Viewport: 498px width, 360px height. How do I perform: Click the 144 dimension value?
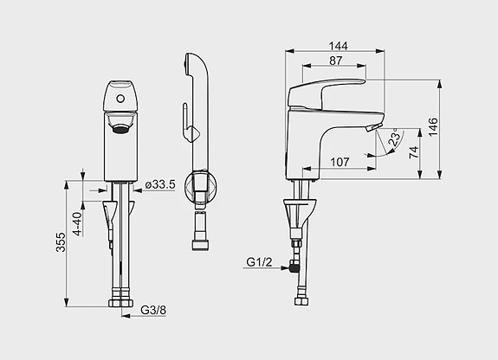[339, 46]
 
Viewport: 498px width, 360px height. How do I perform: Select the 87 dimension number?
[336, 61]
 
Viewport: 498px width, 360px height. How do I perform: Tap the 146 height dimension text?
[433, 127]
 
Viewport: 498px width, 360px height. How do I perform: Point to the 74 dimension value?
[413, 152]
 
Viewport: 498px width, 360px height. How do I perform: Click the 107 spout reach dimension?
[340, 162]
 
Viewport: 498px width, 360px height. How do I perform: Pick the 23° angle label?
[394, 137]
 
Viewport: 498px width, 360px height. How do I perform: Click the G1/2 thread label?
[259, 262]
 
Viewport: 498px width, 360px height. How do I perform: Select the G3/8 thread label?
[153, 310]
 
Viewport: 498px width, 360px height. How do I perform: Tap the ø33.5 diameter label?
[160, 184]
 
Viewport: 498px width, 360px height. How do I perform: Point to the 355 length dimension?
[61, 242]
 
